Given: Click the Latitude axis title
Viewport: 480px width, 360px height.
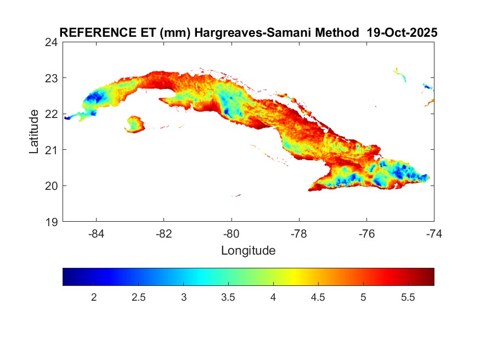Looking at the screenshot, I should (34, 132).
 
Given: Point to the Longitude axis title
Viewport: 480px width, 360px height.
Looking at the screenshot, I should (248, 251).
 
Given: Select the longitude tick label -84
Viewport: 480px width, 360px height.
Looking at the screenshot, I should (97, 233).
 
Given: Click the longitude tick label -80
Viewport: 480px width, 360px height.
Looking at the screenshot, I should (231, 233).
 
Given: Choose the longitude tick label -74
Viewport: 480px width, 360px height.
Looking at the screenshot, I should (434, 233).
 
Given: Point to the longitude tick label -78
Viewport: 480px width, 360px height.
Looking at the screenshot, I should (299, 233).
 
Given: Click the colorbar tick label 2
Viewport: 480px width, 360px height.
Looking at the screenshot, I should (94, 297).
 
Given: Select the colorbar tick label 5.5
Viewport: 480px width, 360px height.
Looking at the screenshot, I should (408, 297).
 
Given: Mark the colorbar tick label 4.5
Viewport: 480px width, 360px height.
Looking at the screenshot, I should (318, 297).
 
